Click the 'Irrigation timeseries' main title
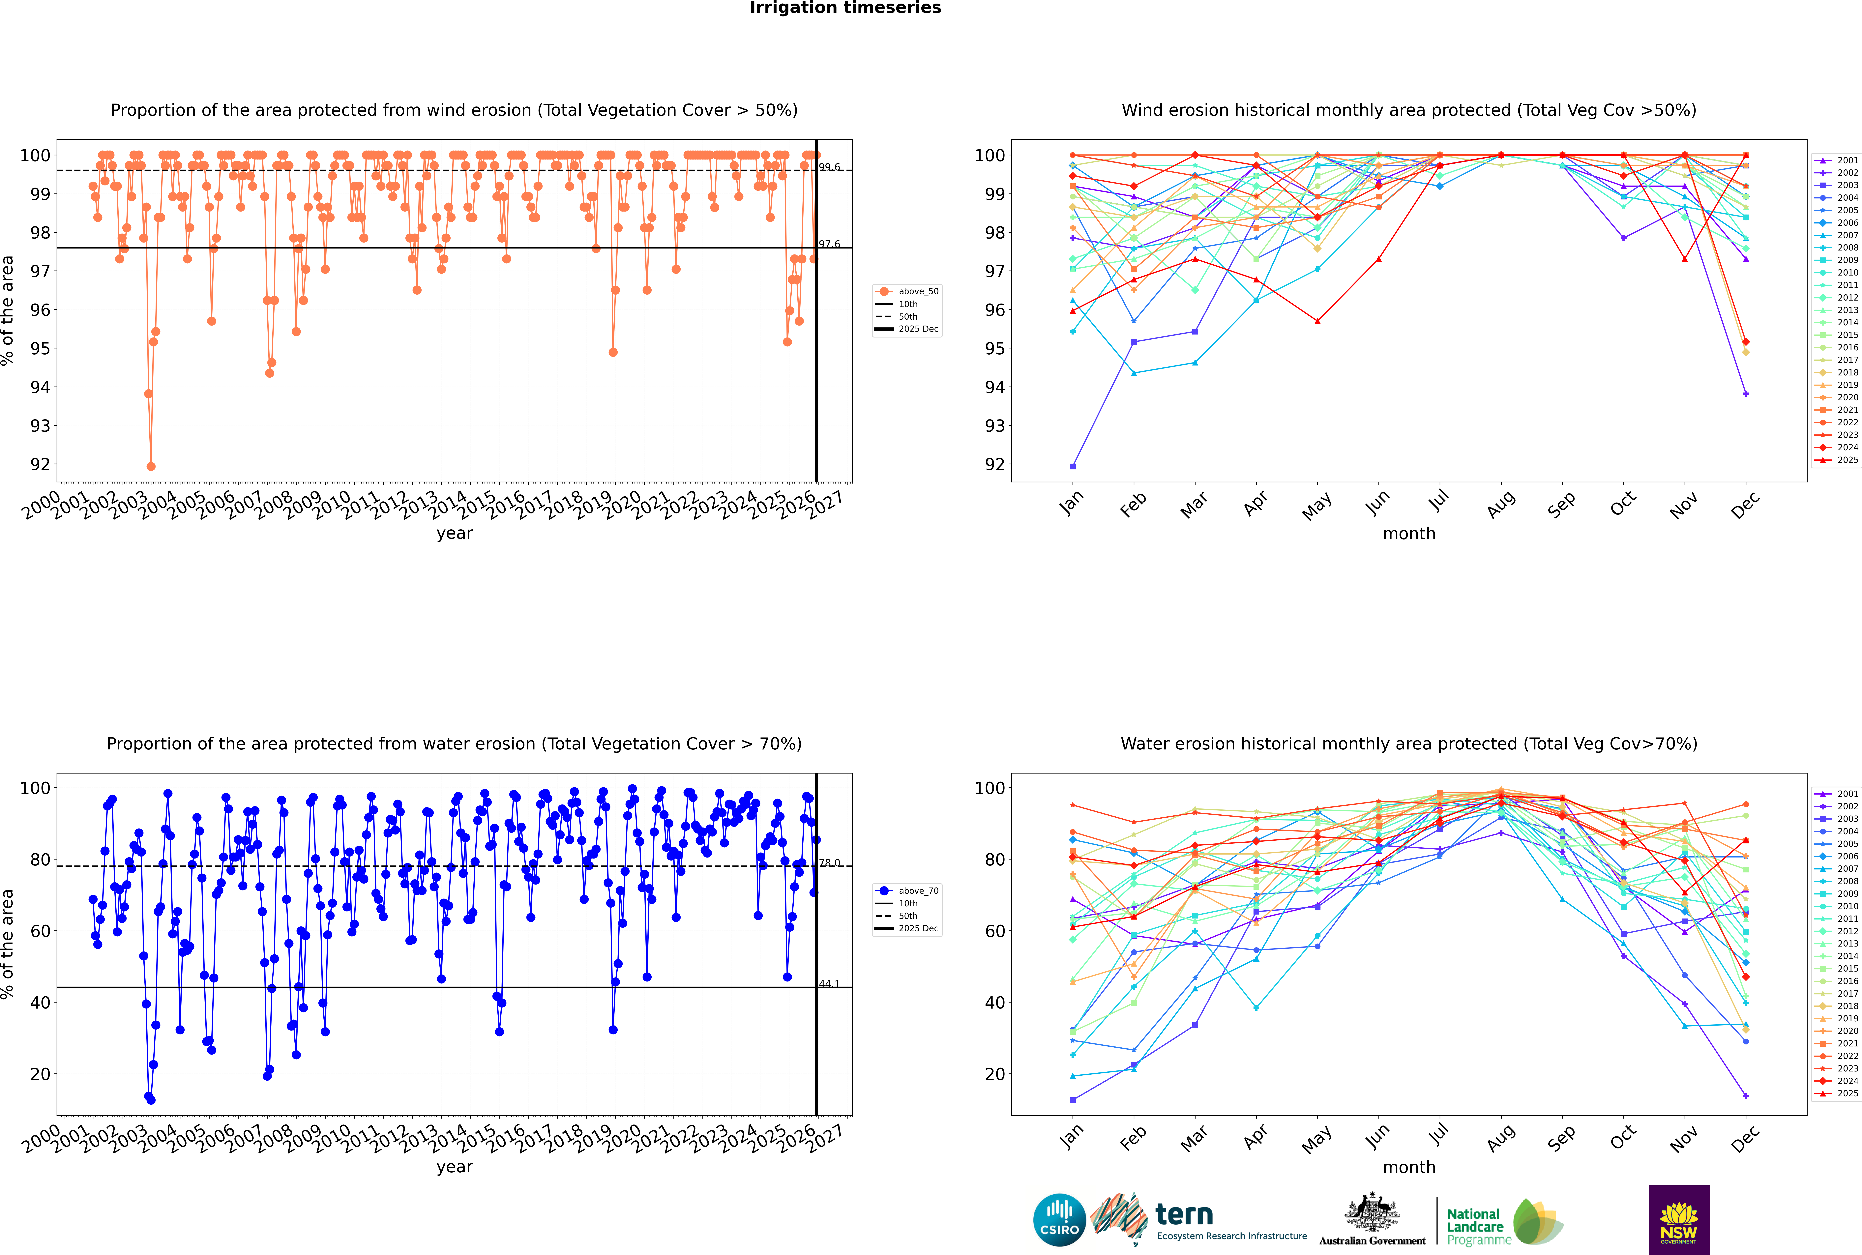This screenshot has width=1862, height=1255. [845, 8]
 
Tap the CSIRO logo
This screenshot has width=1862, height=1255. [1059, 1220]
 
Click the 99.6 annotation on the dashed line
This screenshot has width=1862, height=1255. [829, 167]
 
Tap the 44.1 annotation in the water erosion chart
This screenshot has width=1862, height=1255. [829, 984]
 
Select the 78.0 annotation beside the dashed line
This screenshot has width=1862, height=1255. [829, 863]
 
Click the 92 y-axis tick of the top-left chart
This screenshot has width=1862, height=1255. [40, 464]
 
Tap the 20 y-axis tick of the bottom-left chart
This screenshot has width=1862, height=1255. [40, 1074]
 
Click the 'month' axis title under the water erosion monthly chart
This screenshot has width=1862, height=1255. [1409, 1167]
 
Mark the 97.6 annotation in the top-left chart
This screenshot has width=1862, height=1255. [829, 244]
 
